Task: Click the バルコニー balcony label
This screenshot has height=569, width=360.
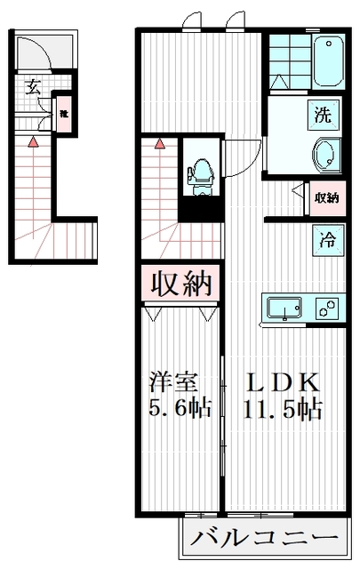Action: pyautogui.click(x=264, y=539)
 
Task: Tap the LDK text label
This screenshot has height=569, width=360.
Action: pyautogui.click(x=282, y=383)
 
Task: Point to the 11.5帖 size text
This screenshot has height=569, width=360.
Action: pyautogui.click(x=282, y=410)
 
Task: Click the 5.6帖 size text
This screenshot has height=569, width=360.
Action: pyautogui.click(x=179, y=410)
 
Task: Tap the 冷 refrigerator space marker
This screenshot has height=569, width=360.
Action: pyautogui.click(x=325, y=238)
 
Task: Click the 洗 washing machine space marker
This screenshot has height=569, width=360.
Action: pyautogui.click(x=324, y=115)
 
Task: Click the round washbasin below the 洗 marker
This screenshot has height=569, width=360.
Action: pyautogui.click(x=325, y=155)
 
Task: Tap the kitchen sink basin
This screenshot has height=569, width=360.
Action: pyautogui.click(x=284, y=309)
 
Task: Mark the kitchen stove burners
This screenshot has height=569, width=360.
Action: pyautogui.click(x=328, y=309)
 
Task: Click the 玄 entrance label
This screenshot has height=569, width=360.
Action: pyautogui.click(x=33, y=86)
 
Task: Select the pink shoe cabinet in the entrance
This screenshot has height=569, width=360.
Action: pyautogui.click(x=64, y=115)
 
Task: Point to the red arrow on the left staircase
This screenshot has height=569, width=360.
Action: pyautogui.click(x=33, y=140)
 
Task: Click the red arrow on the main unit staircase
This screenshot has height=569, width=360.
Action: pyautogui.click(x=160, y=142)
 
